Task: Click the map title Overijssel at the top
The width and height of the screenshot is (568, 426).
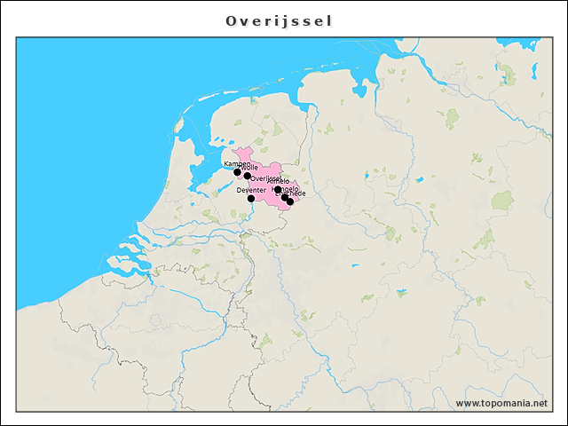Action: (280, 20)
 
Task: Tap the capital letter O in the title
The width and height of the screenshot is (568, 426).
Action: (231, 20)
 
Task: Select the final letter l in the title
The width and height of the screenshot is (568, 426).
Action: (329, 20)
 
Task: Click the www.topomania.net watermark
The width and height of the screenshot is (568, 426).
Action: (501, 403)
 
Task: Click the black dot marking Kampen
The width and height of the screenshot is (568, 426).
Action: (237, 172)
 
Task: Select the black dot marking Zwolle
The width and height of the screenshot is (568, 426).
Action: (248, 176)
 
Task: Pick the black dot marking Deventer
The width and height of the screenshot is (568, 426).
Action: (251, 199)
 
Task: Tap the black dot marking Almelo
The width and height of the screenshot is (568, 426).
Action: (278, 189)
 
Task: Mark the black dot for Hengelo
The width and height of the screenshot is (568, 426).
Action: (285, 197)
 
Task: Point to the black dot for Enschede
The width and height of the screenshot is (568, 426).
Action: (290, 202)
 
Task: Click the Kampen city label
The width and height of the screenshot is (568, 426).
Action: (237, 164)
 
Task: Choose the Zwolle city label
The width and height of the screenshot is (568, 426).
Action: (250, 168)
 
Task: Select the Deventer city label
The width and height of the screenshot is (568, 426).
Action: (251, 190)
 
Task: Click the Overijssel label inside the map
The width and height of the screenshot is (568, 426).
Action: (266, 178)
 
